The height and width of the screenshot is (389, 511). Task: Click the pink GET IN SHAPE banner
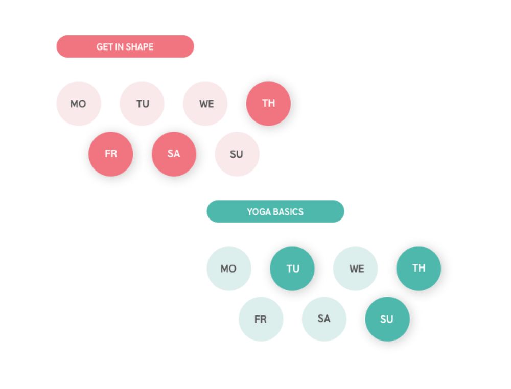[x=125, y=47]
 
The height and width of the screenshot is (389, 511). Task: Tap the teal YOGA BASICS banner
[x=275, y=211]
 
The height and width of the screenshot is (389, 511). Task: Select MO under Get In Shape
[x=78, y=104]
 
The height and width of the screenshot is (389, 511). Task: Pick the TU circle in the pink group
[x=142, y=104]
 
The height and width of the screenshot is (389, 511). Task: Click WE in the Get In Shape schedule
[x=206, y=104]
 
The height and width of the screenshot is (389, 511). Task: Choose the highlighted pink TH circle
[x=268, y=104]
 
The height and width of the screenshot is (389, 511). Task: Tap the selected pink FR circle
[x=111, y=154]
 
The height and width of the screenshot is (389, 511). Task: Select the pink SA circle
[x=174, y=154]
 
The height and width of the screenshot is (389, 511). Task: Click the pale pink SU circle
[x=237, y=154]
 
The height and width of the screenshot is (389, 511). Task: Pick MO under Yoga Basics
[x=228, y=269]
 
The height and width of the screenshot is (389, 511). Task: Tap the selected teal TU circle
[x=292, y=269]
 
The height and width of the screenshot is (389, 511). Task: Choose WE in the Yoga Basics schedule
[x=356, y=269]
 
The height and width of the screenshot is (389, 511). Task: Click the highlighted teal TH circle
[x=419, y=268]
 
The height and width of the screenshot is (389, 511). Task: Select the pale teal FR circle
[x=260, y=319]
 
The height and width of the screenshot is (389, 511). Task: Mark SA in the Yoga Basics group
[x=324, y=319]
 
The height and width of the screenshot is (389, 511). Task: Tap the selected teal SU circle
[x=387, y=319]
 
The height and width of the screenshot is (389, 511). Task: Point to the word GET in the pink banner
[x=104, y=47]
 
